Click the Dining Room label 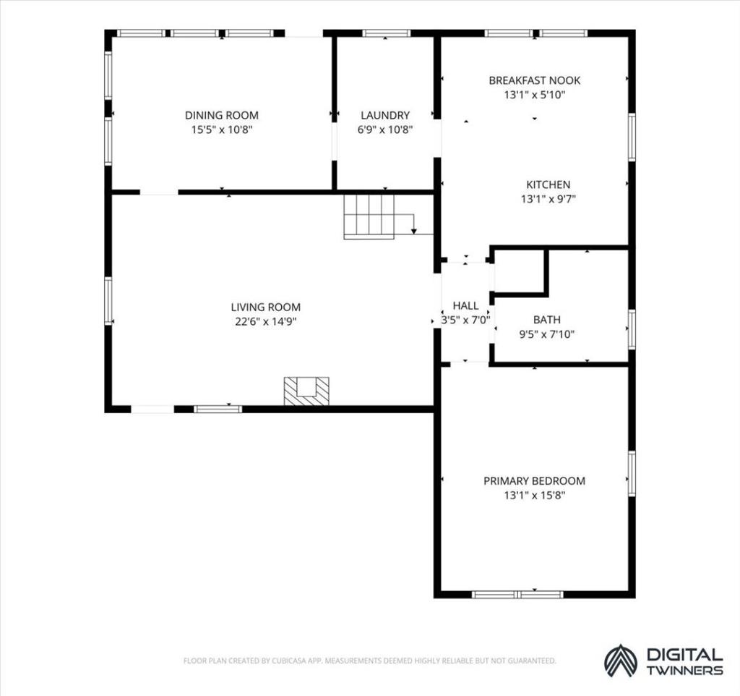tap(221, 115)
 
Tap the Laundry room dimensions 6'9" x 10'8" tap(385, 130)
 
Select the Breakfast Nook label tap(534, 80)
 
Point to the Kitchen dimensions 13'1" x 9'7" tap(548, 199)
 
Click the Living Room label tap(266, 307)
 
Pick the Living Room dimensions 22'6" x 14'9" tap(266, 322)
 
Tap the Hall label tap(466, 306)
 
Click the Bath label tap(547, 320)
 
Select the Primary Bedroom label tap(534, 481)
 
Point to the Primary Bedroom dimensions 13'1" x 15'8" tap(534, 496)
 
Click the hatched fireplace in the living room tap(306, 391)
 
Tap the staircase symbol tap(369, 217)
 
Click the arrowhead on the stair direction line tap(414, 231)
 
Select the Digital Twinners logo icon tap(621, 661)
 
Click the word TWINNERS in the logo tap(685, 671)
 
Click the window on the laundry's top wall tap(386, 33)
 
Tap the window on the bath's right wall tap(632, 329)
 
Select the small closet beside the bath tap(519, 271)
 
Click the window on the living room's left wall tap(108, 301)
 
